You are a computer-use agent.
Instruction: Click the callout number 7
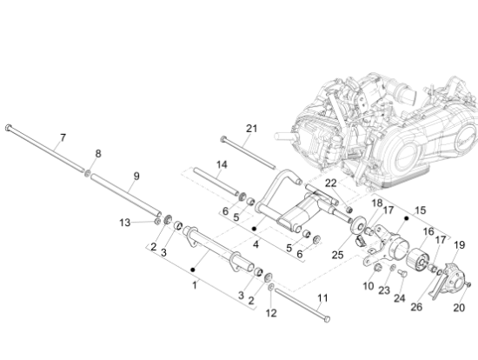point(63,138)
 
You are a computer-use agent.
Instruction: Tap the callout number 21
point(251,129)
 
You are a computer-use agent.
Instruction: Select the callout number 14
point(222,164)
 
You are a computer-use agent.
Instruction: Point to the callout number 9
point(136,176)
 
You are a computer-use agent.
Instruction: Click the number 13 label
point(124,223)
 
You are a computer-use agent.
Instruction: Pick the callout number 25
point(337,255)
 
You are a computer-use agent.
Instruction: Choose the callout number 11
point(322,297)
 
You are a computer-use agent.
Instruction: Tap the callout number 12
point(271,313)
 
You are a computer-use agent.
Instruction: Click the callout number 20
point(459,308)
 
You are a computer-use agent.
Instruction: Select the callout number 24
point(400,298)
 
